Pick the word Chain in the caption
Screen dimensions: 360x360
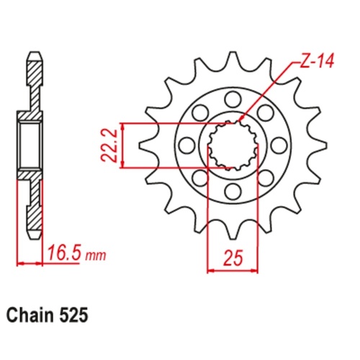point(30,315)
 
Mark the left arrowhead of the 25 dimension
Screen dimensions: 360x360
point(211,271)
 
